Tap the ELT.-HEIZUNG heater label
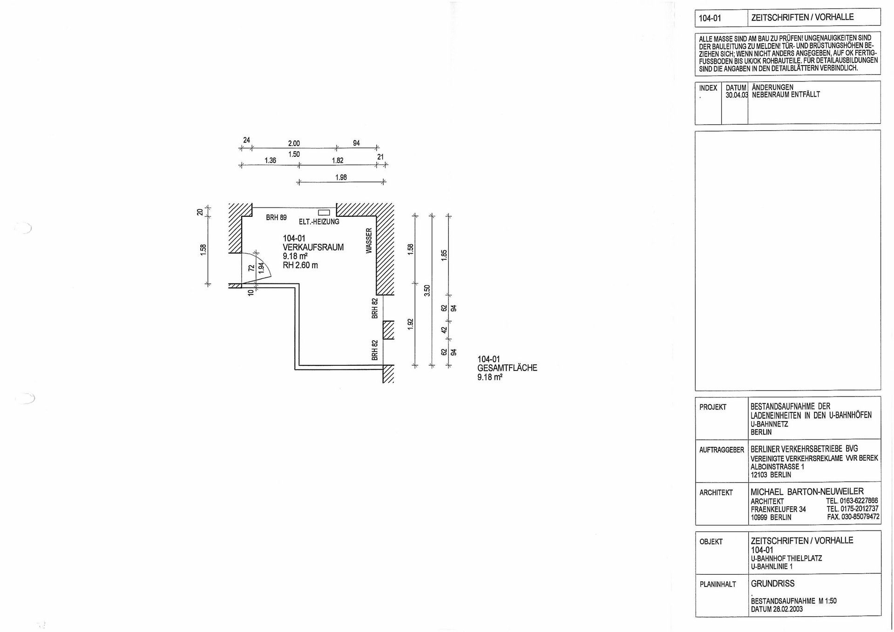[x=319, y=222]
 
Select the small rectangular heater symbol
[x=324, y=213]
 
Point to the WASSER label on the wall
[x=369, y=241]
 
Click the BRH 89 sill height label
[x=276, y=217]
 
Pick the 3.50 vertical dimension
[x=427, y=290]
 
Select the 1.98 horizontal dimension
[x=341, y=177]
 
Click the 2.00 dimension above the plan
[x=294, y=144]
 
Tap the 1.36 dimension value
[x=270, y=161]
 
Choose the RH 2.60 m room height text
[x=300, y=265]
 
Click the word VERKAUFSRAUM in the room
[x=313, y=248]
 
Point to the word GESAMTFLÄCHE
[x=507, y=368]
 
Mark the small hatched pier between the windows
[x=388, y=330]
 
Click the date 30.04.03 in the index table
[x=737, y=95]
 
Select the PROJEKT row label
[x=713, y=407]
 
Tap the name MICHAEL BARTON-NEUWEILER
[x=807, y=491]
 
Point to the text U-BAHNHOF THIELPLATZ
[x=786, y=558]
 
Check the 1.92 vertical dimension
[x=410, y=324]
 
